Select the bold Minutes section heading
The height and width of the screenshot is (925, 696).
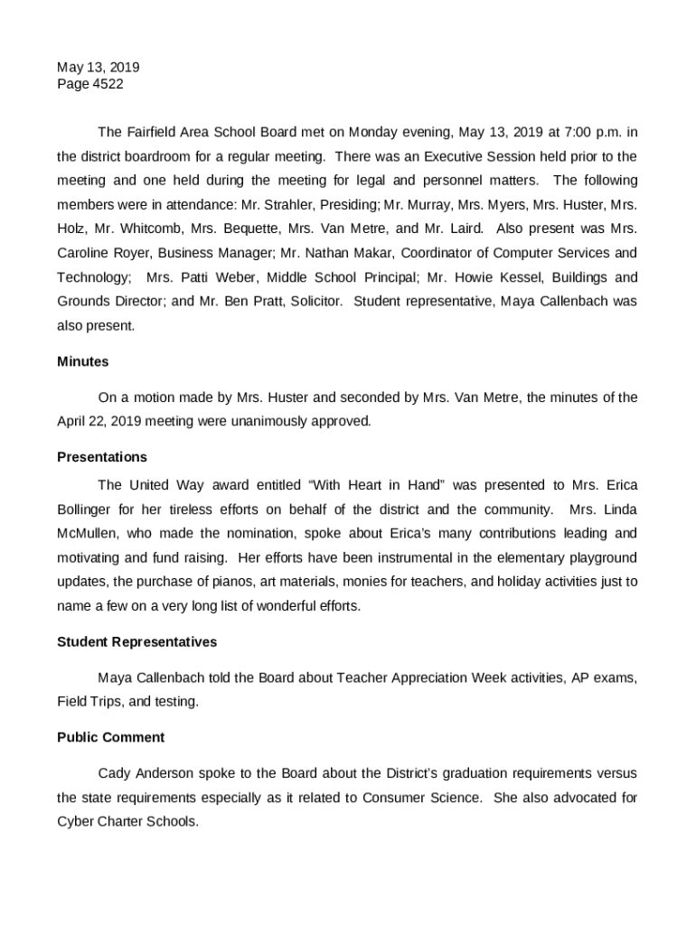tap(82, 361)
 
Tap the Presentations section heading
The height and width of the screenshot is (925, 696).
tap(101, 457)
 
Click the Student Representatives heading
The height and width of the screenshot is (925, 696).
tap(136, 641)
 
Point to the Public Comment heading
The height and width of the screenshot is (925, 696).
tap(110, 737)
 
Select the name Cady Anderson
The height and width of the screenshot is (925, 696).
tap(144, 773)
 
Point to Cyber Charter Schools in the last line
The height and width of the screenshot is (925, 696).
tap(127, 822)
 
